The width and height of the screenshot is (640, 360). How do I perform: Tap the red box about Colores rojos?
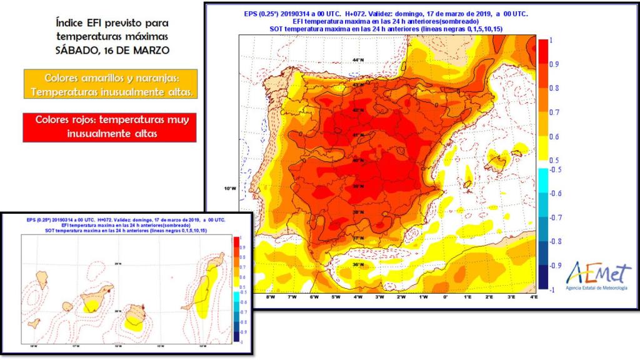point(109,127)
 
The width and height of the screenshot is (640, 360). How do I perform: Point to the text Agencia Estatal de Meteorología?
point(598,288)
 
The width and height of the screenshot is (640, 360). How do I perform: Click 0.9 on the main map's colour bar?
point(554,64)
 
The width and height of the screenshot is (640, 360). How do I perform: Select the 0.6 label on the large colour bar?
point(554,137)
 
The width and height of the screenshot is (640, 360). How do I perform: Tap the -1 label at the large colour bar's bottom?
point(552,289)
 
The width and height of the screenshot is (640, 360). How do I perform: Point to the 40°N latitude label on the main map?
point(358,161)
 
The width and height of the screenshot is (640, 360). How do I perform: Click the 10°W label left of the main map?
point(230,189)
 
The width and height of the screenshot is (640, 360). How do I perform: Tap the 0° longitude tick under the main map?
point(445,297)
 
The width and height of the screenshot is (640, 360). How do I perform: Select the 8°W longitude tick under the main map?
point(271,297)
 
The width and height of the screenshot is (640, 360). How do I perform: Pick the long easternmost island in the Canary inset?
point(201,293)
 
